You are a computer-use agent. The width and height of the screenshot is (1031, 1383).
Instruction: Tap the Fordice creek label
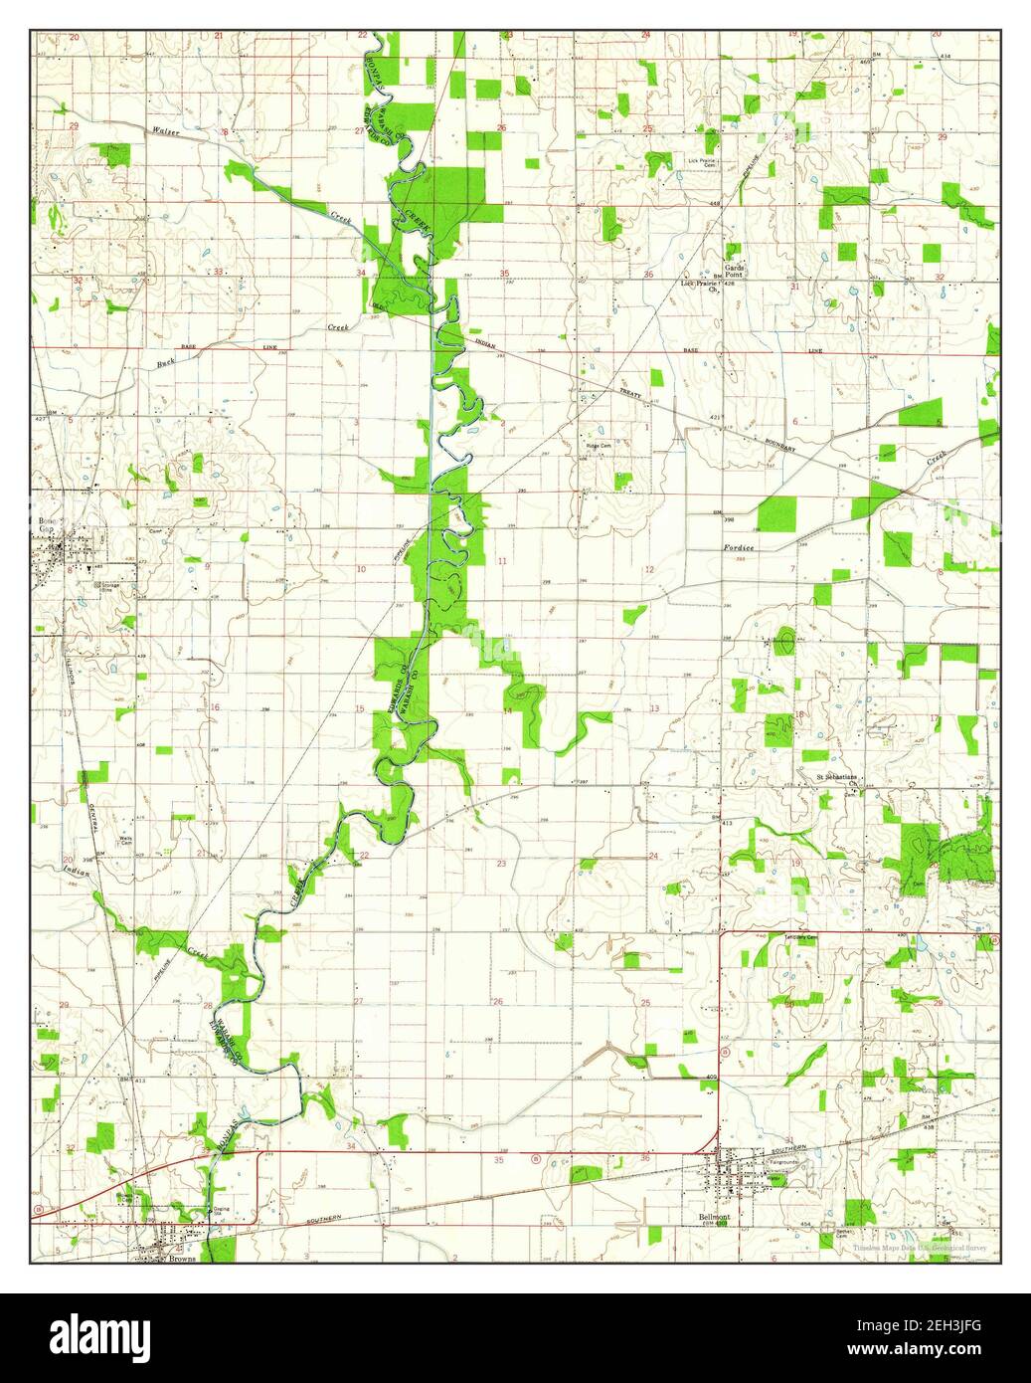pos(738,549)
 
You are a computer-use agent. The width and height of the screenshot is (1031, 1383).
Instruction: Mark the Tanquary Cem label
pos(798,937)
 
